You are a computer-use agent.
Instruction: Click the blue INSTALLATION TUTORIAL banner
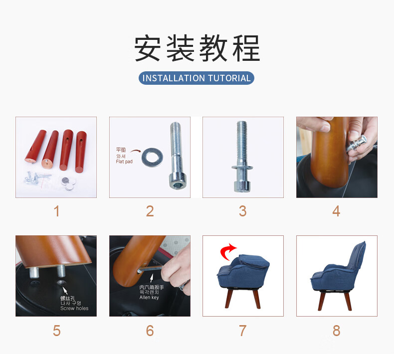click(x=196, y=78)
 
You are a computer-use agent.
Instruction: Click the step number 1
click(x=56, y=211)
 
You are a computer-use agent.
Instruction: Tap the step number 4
click(x=336, y=211)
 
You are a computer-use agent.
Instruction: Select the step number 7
click(x=243, y=331)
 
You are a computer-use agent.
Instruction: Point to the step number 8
click(x=337, y=331)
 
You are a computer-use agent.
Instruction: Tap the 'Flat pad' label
click(x=124, y=162)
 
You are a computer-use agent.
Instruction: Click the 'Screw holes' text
click(x=74, y=308)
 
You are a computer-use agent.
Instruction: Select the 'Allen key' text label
click(x=149, y=298)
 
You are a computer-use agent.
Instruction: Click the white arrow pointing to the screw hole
click(x=65, y=290)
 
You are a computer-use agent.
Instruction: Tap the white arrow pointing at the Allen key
click(x=152, y=278)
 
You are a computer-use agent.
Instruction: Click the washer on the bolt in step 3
click(x=242, y=167)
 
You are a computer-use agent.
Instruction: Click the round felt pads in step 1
click(x=68, y=184)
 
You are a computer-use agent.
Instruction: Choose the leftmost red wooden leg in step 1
click(x=35, y=146)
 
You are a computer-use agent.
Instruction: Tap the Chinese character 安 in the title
click(x=147, y=48)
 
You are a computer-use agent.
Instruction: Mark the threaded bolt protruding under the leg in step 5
click(x=61, y=271)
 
